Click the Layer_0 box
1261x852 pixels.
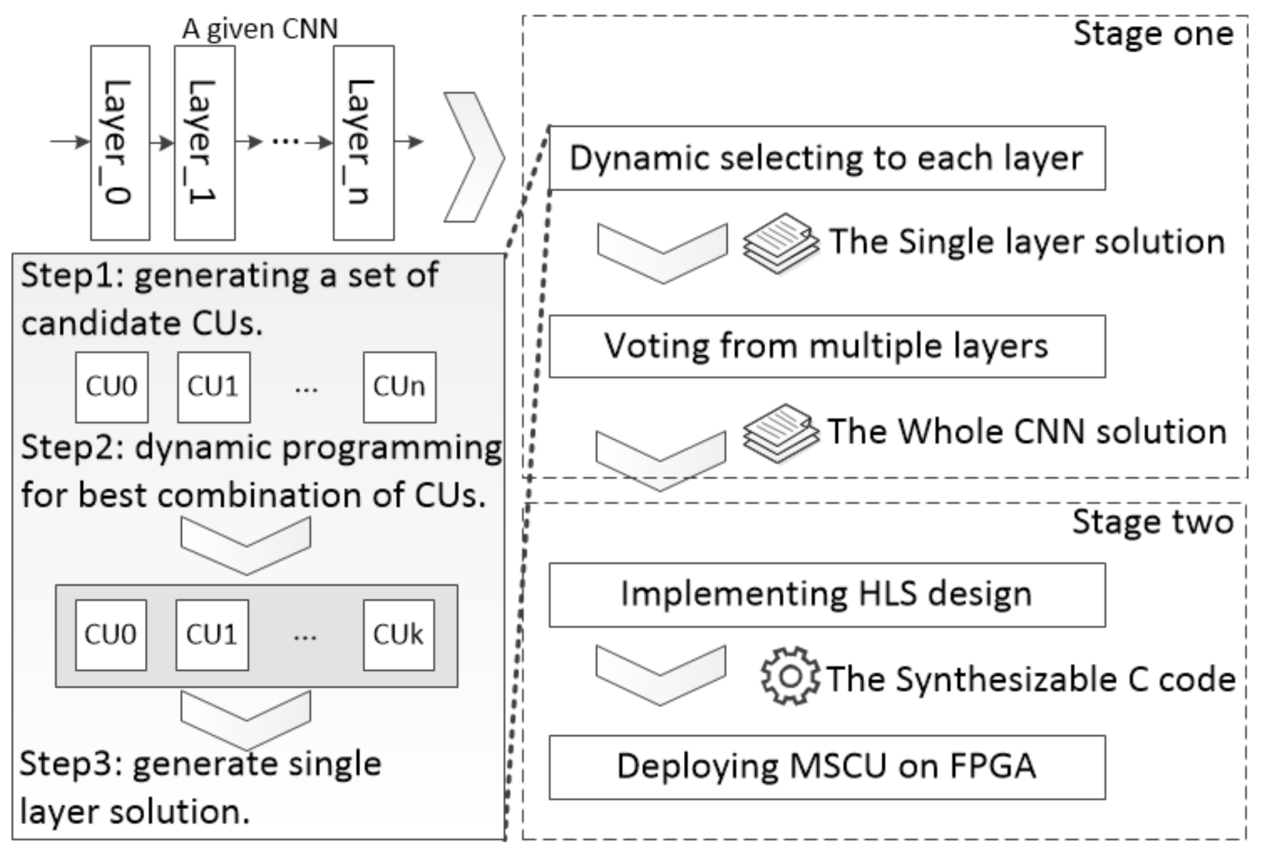[120, 143]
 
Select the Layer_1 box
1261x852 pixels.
[204, 143]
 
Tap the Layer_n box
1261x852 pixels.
[363, 143]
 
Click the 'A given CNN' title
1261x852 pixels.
[259, 29]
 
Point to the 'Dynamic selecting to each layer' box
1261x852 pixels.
[827, 158]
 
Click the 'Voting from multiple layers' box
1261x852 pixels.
[827, 346]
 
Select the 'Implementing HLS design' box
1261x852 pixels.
[827, 595]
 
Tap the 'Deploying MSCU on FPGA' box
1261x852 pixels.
[827, 767]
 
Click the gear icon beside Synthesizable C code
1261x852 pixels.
[790, 676]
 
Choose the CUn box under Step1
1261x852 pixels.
[399, 388]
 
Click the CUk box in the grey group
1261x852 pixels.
[398, 636]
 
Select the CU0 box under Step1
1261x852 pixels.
[111, 388]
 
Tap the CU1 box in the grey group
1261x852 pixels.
[212, 636]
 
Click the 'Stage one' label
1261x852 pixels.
[1152, 35]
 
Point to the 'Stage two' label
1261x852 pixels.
[1152, 522]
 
